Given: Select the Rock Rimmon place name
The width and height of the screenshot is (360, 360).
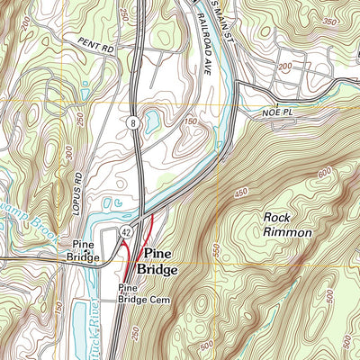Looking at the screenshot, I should [x=287, y=224].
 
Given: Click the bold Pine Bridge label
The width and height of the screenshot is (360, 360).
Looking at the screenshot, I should [x=158, y=261].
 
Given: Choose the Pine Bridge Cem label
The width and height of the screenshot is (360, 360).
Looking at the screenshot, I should [x=139, y=294].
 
